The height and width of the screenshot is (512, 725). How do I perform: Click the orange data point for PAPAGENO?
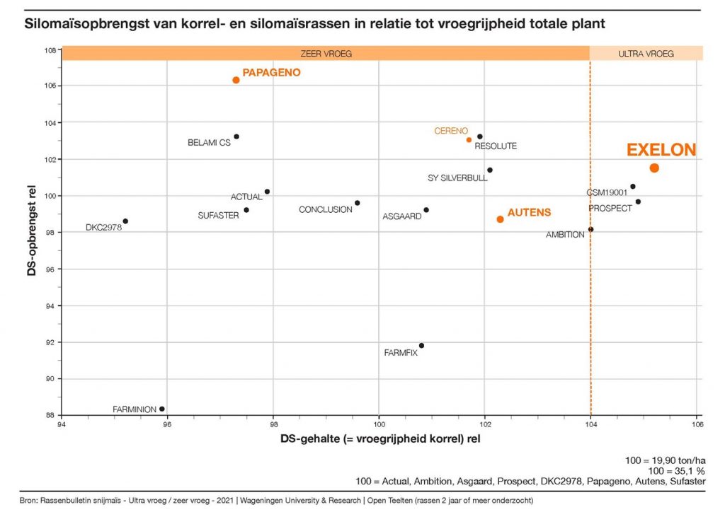[236, 80]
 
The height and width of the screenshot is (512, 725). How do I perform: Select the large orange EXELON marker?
[654, 168]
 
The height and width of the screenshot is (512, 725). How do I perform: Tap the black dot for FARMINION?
[162, 409]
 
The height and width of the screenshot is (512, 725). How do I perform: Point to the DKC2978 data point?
[125, 221]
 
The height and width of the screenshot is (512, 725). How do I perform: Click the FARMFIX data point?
[421, 346]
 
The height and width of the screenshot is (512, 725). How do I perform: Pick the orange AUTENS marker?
[500, 219]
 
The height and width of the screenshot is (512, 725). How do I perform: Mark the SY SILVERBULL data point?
[489, 170]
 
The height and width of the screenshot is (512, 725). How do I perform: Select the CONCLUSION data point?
[358, 203]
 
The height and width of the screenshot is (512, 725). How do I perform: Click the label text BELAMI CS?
[209, 143]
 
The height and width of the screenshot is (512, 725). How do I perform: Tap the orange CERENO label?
[451, 131]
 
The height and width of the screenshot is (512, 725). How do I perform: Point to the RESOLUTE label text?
[496, 146]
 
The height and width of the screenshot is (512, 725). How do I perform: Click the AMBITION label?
[565, 235]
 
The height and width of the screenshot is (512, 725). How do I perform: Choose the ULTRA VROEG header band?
[646, 53]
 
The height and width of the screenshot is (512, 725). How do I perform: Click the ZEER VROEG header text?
[326, 53]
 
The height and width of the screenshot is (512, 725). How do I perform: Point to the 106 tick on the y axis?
[50, 86]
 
